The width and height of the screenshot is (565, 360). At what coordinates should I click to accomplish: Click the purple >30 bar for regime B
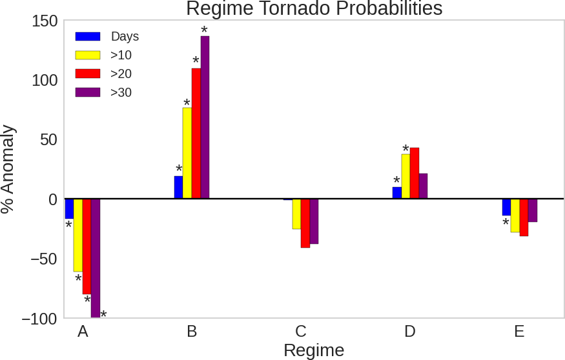(205, 117)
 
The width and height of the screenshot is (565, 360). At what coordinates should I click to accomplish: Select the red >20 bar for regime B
(196, 134)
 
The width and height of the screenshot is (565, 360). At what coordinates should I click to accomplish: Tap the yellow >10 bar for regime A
(78, 235)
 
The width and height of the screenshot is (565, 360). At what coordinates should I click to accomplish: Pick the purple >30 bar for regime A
(96, 258)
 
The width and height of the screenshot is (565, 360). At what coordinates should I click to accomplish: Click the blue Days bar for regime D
(396, 193)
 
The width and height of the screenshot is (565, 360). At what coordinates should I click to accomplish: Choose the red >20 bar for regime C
(305, 223)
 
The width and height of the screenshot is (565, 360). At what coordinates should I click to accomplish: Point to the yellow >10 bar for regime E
(515, 215)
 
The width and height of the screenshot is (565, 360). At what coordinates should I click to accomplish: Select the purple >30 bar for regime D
(423, 186)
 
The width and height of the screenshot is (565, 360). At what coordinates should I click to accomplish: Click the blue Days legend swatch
(88, 37)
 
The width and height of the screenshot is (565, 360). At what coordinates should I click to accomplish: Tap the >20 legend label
(121, 74)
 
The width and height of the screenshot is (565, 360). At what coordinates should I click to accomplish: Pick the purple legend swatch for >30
(88, 92)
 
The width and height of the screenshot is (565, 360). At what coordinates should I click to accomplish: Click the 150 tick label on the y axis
(45, 21)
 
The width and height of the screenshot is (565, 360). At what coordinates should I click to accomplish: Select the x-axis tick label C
(301, 332)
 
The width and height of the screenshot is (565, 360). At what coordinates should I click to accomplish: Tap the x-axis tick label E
(519, 332)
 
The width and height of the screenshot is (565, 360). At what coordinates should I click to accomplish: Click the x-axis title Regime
(314, 350)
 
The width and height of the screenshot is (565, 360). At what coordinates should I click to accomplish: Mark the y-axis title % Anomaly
(8, 169)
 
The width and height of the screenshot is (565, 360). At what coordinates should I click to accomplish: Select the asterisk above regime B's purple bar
(204, 30)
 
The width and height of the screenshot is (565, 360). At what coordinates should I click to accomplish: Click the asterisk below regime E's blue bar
(506, 223)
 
